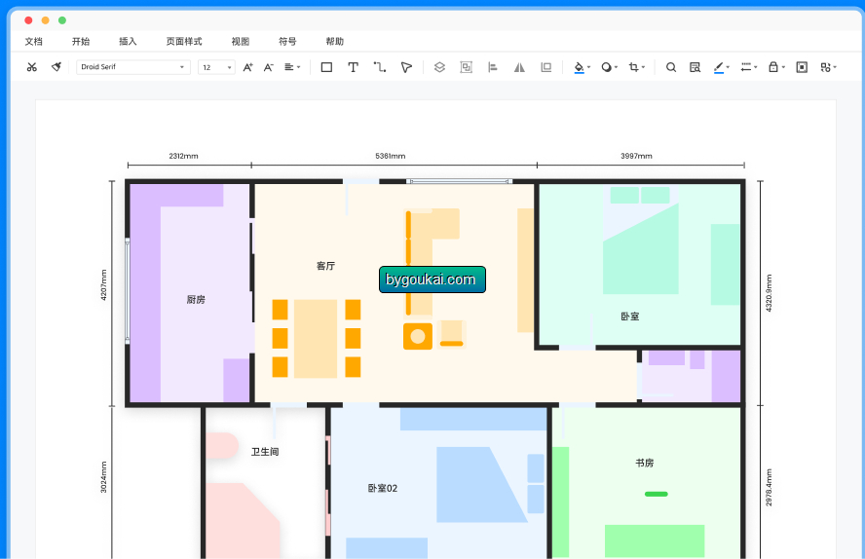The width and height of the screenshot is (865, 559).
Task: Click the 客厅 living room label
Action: click(325, 266)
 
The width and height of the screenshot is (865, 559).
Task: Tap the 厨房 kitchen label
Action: click(196, 299)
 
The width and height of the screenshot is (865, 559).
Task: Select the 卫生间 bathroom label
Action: click(265, 452)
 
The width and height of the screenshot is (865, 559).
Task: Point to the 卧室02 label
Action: click(382, 488)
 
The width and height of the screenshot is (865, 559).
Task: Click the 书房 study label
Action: click(644, 463)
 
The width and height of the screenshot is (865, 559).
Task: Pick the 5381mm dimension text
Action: click(390, 156)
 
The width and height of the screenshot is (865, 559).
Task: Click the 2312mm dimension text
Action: click(183, 156)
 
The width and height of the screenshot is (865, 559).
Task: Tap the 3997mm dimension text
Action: click(636, 156)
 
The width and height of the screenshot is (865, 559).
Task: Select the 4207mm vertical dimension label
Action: click(103, 284)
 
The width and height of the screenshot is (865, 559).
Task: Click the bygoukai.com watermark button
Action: click(432, 279)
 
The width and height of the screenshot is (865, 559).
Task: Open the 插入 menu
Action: click(128, 41)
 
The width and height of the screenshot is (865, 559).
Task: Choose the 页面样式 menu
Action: click(184, 41)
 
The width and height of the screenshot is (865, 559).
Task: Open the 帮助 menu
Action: click(334, 41)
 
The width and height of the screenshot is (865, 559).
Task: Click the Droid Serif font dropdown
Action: click(132, 67)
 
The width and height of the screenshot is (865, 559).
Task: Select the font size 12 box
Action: click(216, 67)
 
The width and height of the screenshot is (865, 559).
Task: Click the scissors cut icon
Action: click(32, 67)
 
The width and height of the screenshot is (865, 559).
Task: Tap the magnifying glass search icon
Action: click(671, 67)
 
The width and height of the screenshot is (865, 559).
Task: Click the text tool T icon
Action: click(353, 67)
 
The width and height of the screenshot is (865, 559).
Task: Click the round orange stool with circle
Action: click(418, 336)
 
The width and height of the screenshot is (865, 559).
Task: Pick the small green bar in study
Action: click(656, 494)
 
